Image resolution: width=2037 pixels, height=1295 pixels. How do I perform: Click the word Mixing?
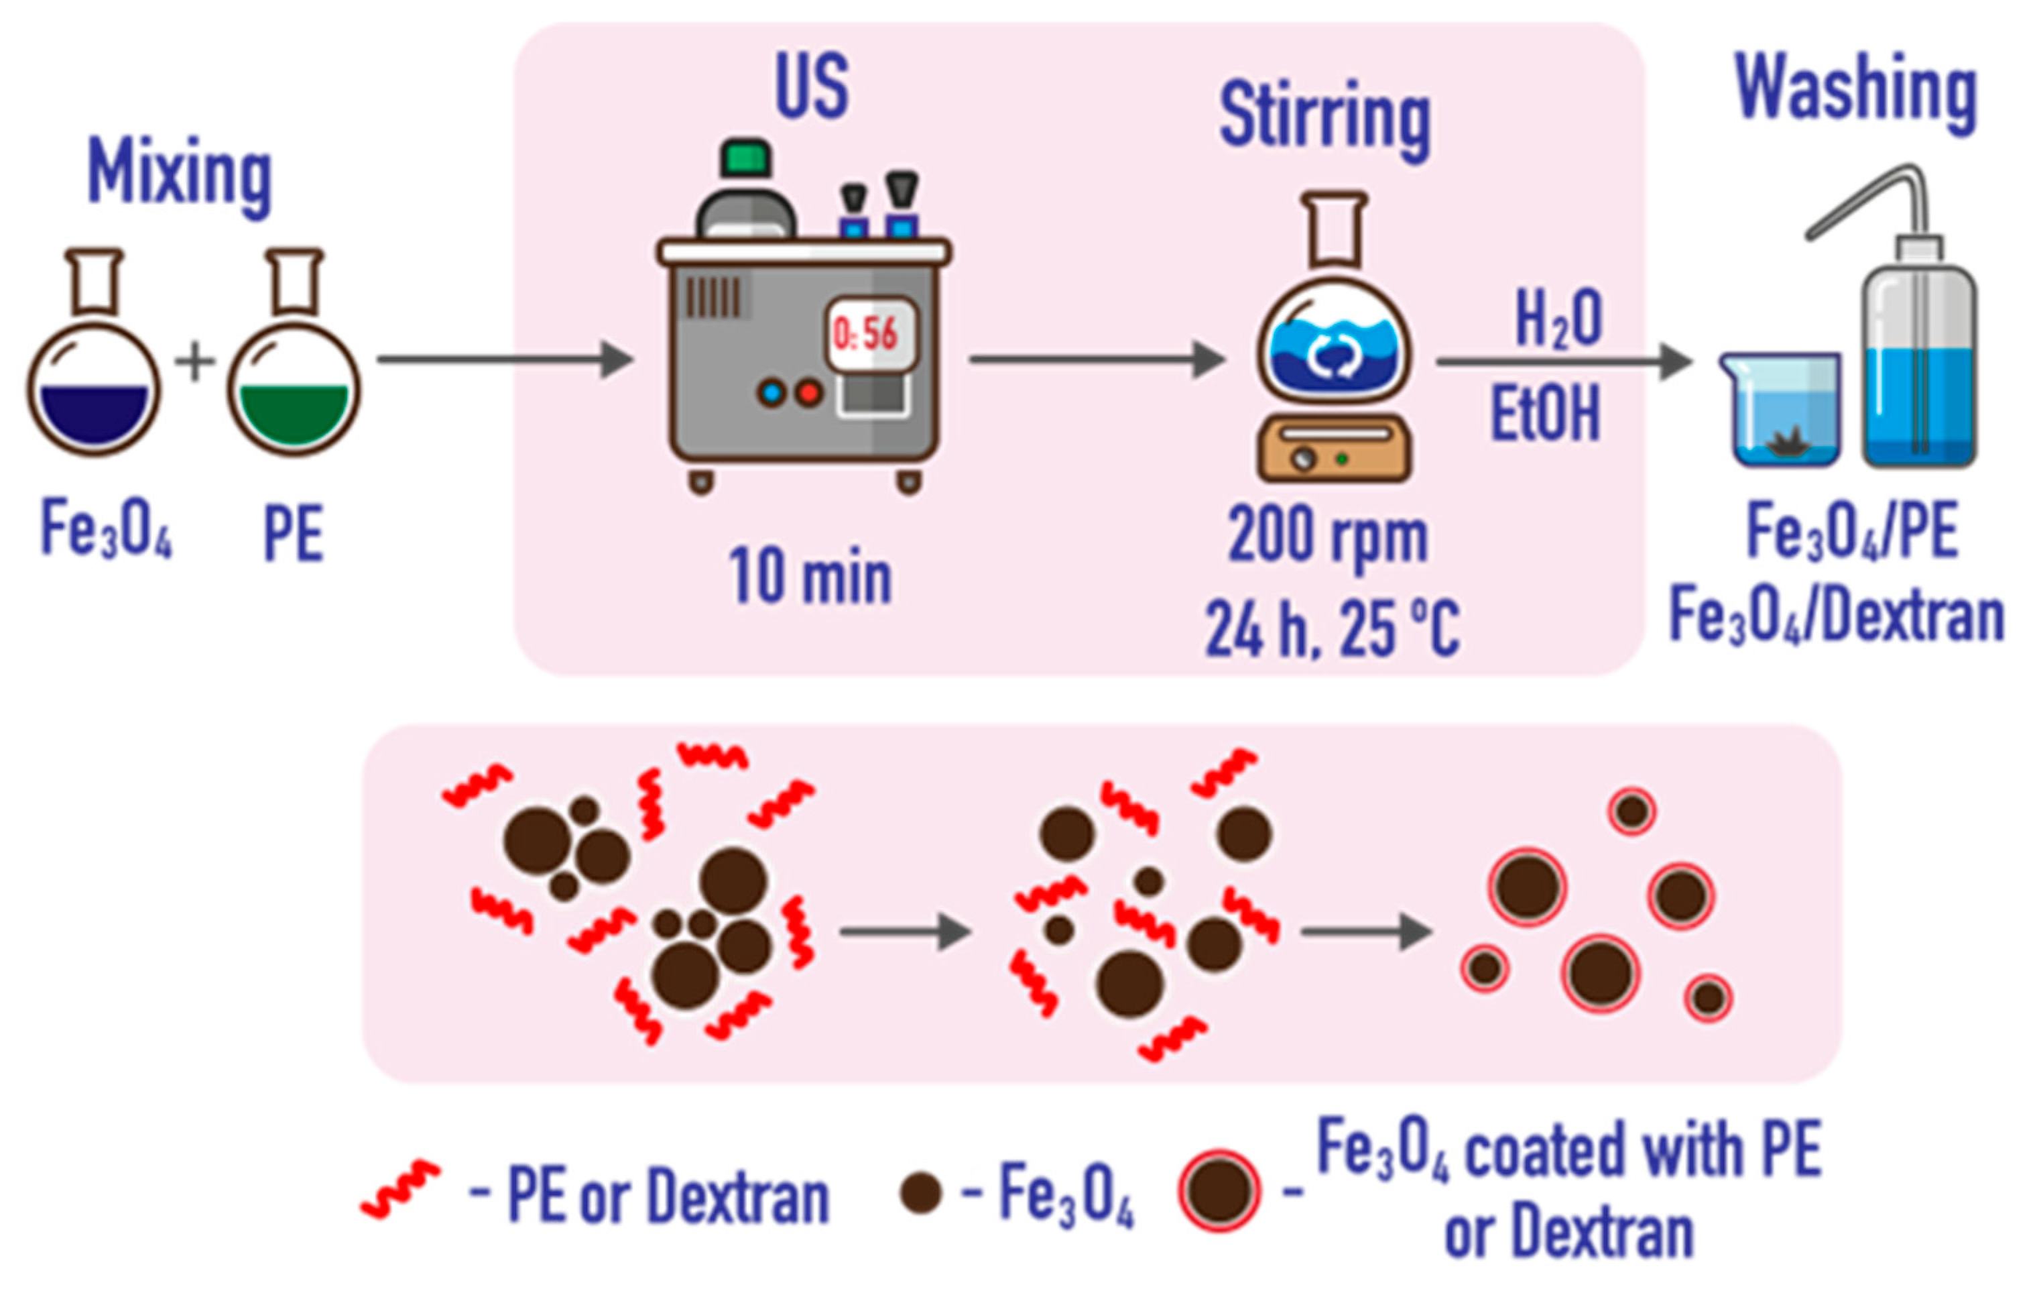[180, 174]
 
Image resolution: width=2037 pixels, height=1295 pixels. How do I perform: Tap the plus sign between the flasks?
[194, 361]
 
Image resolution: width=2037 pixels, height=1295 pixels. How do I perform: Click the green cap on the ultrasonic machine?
[745, 158]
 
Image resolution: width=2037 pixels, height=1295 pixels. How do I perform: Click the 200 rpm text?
[1327, 536]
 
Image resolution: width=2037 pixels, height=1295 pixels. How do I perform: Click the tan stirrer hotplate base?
[1334, 449]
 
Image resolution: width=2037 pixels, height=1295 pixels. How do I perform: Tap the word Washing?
[1856, 90]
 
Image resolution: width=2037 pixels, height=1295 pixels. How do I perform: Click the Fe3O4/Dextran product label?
[1837, 617]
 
